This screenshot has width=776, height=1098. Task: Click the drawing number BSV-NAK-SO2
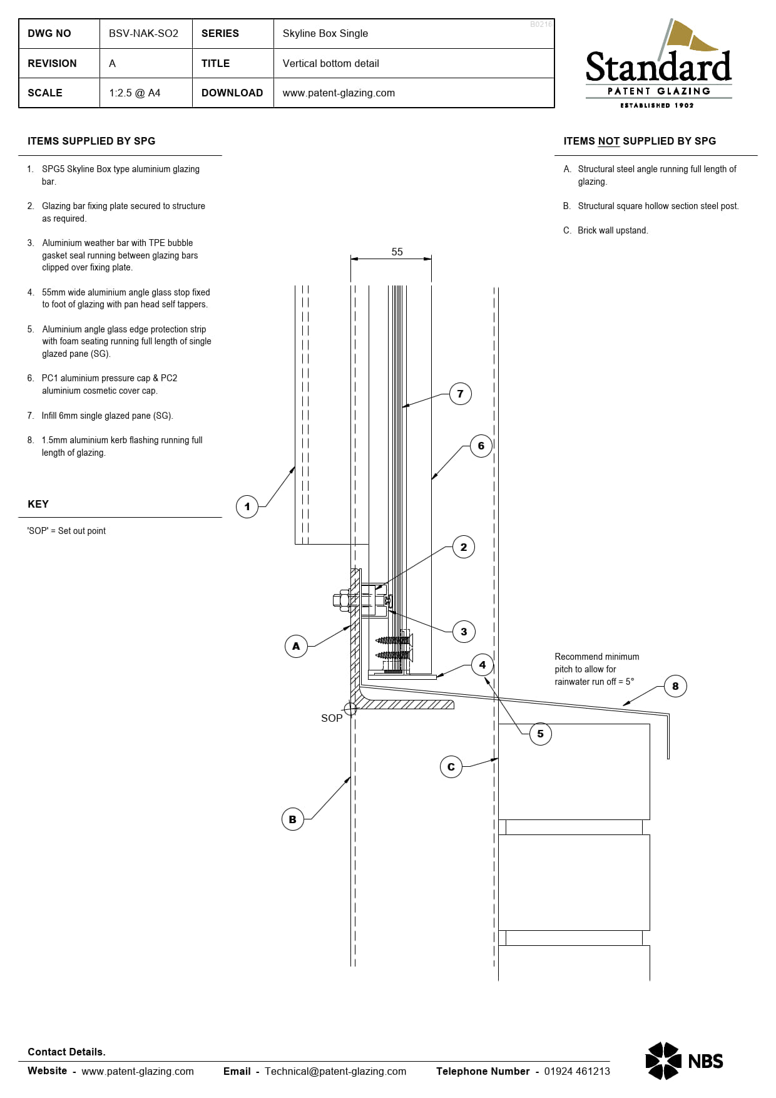pyautogui.click(x=143, y=33)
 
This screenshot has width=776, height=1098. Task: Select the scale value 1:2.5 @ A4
pyautogui.click(x=135, y=93)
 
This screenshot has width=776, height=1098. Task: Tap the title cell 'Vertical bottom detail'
pyautogui.click(x=330, y=63)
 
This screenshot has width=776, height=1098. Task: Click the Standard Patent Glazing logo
pyautogui.click(x=658, y=65)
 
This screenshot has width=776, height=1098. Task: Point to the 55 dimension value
pyautogui.click(x=397, y=252)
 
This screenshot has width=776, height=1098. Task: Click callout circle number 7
pyautogui.click(x=461, y=394)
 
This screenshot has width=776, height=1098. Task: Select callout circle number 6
pyautogui.click(x=481, y=446)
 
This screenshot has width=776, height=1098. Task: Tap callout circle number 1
pyautogui.click(x=247, y=506)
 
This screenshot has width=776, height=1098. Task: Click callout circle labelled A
pyautogui.click(x=296, y=646)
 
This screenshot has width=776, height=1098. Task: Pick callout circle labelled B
pyautogui.click(x=292, y=819)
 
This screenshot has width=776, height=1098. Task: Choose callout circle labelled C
pyautogui.click(x=451, y=767)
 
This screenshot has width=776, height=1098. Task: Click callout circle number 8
pyautogui.click(x=675, y=686)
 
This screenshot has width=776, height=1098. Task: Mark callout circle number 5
pyautogui.click(x=541, y=734)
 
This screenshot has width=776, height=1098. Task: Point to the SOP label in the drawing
pyautogui.click(x=332, y=718)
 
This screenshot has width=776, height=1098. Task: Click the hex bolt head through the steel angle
pyautogui.click(x=341, y=600)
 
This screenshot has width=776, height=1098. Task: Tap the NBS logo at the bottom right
pyautogui.click(x=684, y=1060)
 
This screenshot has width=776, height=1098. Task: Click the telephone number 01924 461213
pyautogui.click(x=576, y=1071)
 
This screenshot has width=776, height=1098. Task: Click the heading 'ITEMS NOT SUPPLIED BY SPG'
pyautogui.click(x=639, y=141)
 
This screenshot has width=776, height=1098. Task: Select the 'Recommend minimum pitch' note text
pyautogui.click(x=596, y=669)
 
